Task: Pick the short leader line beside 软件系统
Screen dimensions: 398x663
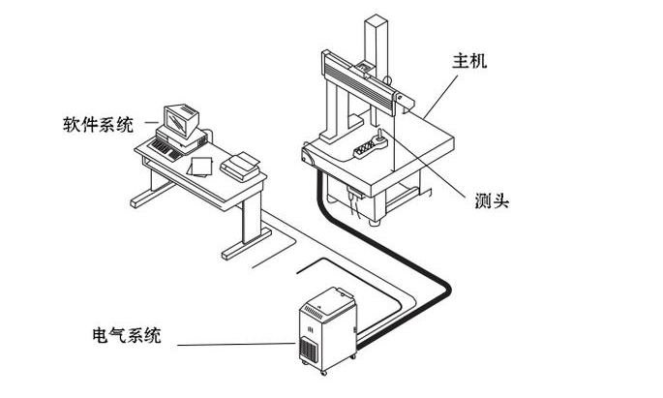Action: (151, 123)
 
